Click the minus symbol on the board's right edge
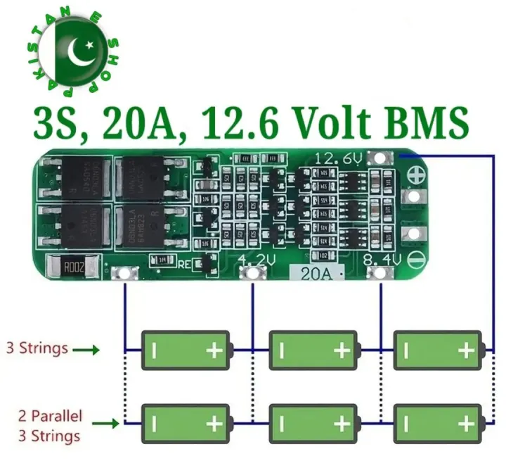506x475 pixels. coord(415,258)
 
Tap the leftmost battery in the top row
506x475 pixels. coord(186,349)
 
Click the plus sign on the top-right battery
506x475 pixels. coord(466,349)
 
